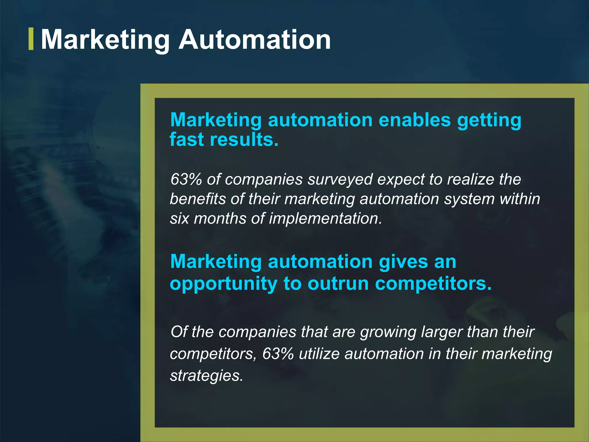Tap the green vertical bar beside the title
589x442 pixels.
click(31, 39)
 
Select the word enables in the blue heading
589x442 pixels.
click(414, 120)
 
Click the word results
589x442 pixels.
click(244, 140)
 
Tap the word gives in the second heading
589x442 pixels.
click(403, 262)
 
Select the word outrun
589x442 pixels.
click(338, 284)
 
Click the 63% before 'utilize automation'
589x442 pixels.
click(278, 354)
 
